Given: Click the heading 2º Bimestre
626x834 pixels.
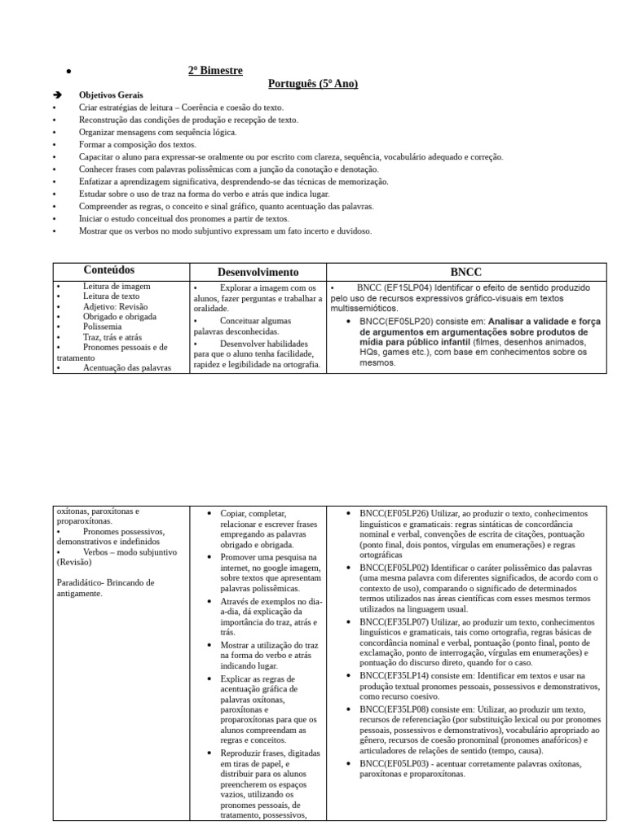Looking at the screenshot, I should tap(215, 71).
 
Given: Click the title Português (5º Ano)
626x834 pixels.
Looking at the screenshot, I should tap(313, 84).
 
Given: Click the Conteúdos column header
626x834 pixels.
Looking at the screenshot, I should tap(109, 270).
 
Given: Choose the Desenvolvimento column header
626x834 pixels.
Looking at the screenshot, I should tap(258, 272).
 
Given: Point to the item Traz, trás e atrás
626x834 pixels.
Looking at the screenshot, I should tap(111, 336).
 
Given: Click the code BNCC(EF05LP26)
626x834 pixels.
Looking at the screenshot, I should tap(395, 514).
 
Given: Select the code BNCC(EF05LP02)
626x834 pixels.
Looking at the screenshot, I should tap(395, 567).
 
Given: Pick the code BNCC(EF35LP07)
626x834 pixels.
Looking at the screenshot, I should tap(395, 621).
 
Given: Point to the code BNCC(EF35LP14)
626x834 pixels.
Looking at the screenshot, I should tap(395, 675).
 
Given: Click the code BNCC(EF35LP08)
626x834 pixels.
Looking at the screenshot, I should tap(395, 709).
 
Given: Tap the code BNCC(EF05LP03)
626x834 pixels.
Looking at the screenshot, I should tap(395, 763).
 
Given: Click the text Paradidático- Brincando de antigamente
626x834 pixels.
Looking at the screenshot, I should tap(105, 588).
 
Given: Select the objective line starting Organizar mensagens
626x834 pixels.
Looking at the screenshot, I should tap(157, 132).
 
